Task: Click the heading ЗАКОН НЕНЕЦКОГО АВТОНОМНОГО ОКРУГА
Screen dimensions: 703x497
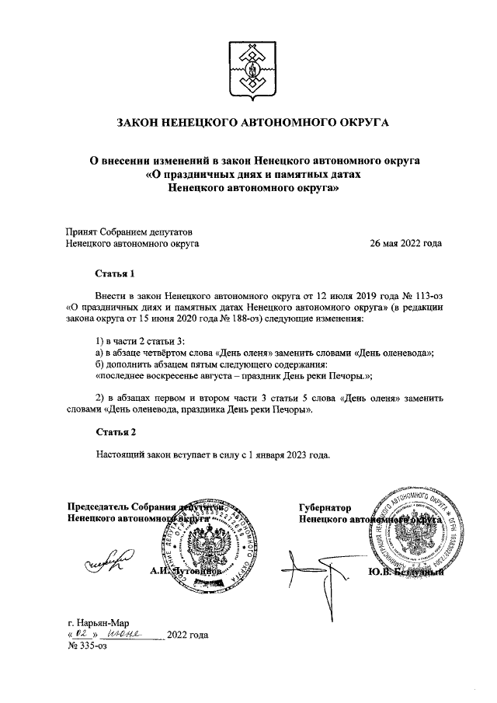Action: (x=248, y=122)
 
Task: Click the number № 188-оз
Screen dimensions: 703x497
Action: (x=237, y=318)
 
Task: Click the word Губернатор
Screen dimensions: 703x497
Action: (x=325, y=507)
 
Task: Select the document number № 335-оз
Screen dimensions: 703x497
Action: (x=87, y=646)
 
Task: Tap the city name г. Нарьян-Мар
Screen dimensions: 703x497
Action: (x=99, y=622)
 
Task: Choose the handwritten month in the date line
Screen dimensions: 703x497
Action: (x=126, y=634)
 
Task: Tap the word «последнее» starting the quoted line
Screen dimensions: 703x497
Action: (x=118, y=375)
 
